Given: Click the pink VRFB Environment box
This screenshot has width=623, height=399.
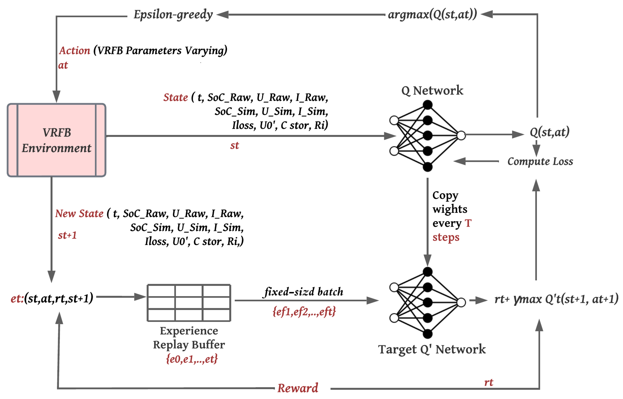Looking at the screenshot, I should tap(56, 140).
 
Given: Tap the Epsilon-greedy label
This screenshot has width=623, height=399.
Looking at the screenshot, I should tap(173, 14).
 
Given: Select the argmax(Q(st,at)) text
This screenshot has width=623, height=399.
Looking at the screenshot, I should tap(432, 14).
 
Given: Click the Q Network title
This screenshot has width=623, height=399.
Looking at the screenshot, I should tap(432, 90).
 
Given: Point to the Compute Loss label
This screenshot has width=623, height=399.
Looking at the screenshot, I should tap(540, 161).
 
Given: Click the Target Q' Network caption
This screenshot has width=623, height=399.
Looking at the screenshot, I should tap(432, 349).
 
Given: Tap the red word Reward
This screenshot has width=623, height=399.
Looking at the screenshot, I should tap(298, 388).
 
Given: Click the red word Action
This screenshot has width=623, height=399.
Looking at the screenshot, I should tap(75, 50).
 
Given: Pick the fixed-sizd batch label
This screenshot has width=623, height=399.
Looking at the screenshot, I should tap(303, 292).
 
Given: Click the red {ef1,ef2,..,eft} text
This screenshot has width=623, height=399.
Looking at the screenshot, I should tap(304, 311).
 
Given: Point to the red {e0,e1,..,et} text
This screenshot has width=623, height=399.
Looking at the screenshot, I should tap(192, 359).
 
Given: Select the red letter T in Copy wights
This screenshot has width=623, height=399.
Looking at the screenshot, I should tap(468, 223).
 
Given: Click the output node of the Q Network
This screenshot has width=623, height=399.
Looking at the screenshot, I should tap(461, 135).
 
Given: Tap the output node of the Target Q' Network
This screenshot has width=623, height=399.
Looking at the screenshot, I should tap(461, 302).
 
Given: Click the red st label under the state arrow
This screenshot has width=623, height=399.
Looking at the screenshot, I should tap(235, 146).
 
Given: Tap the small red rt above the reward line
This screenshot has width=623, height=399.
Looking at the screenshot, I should tap(489, 382).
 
